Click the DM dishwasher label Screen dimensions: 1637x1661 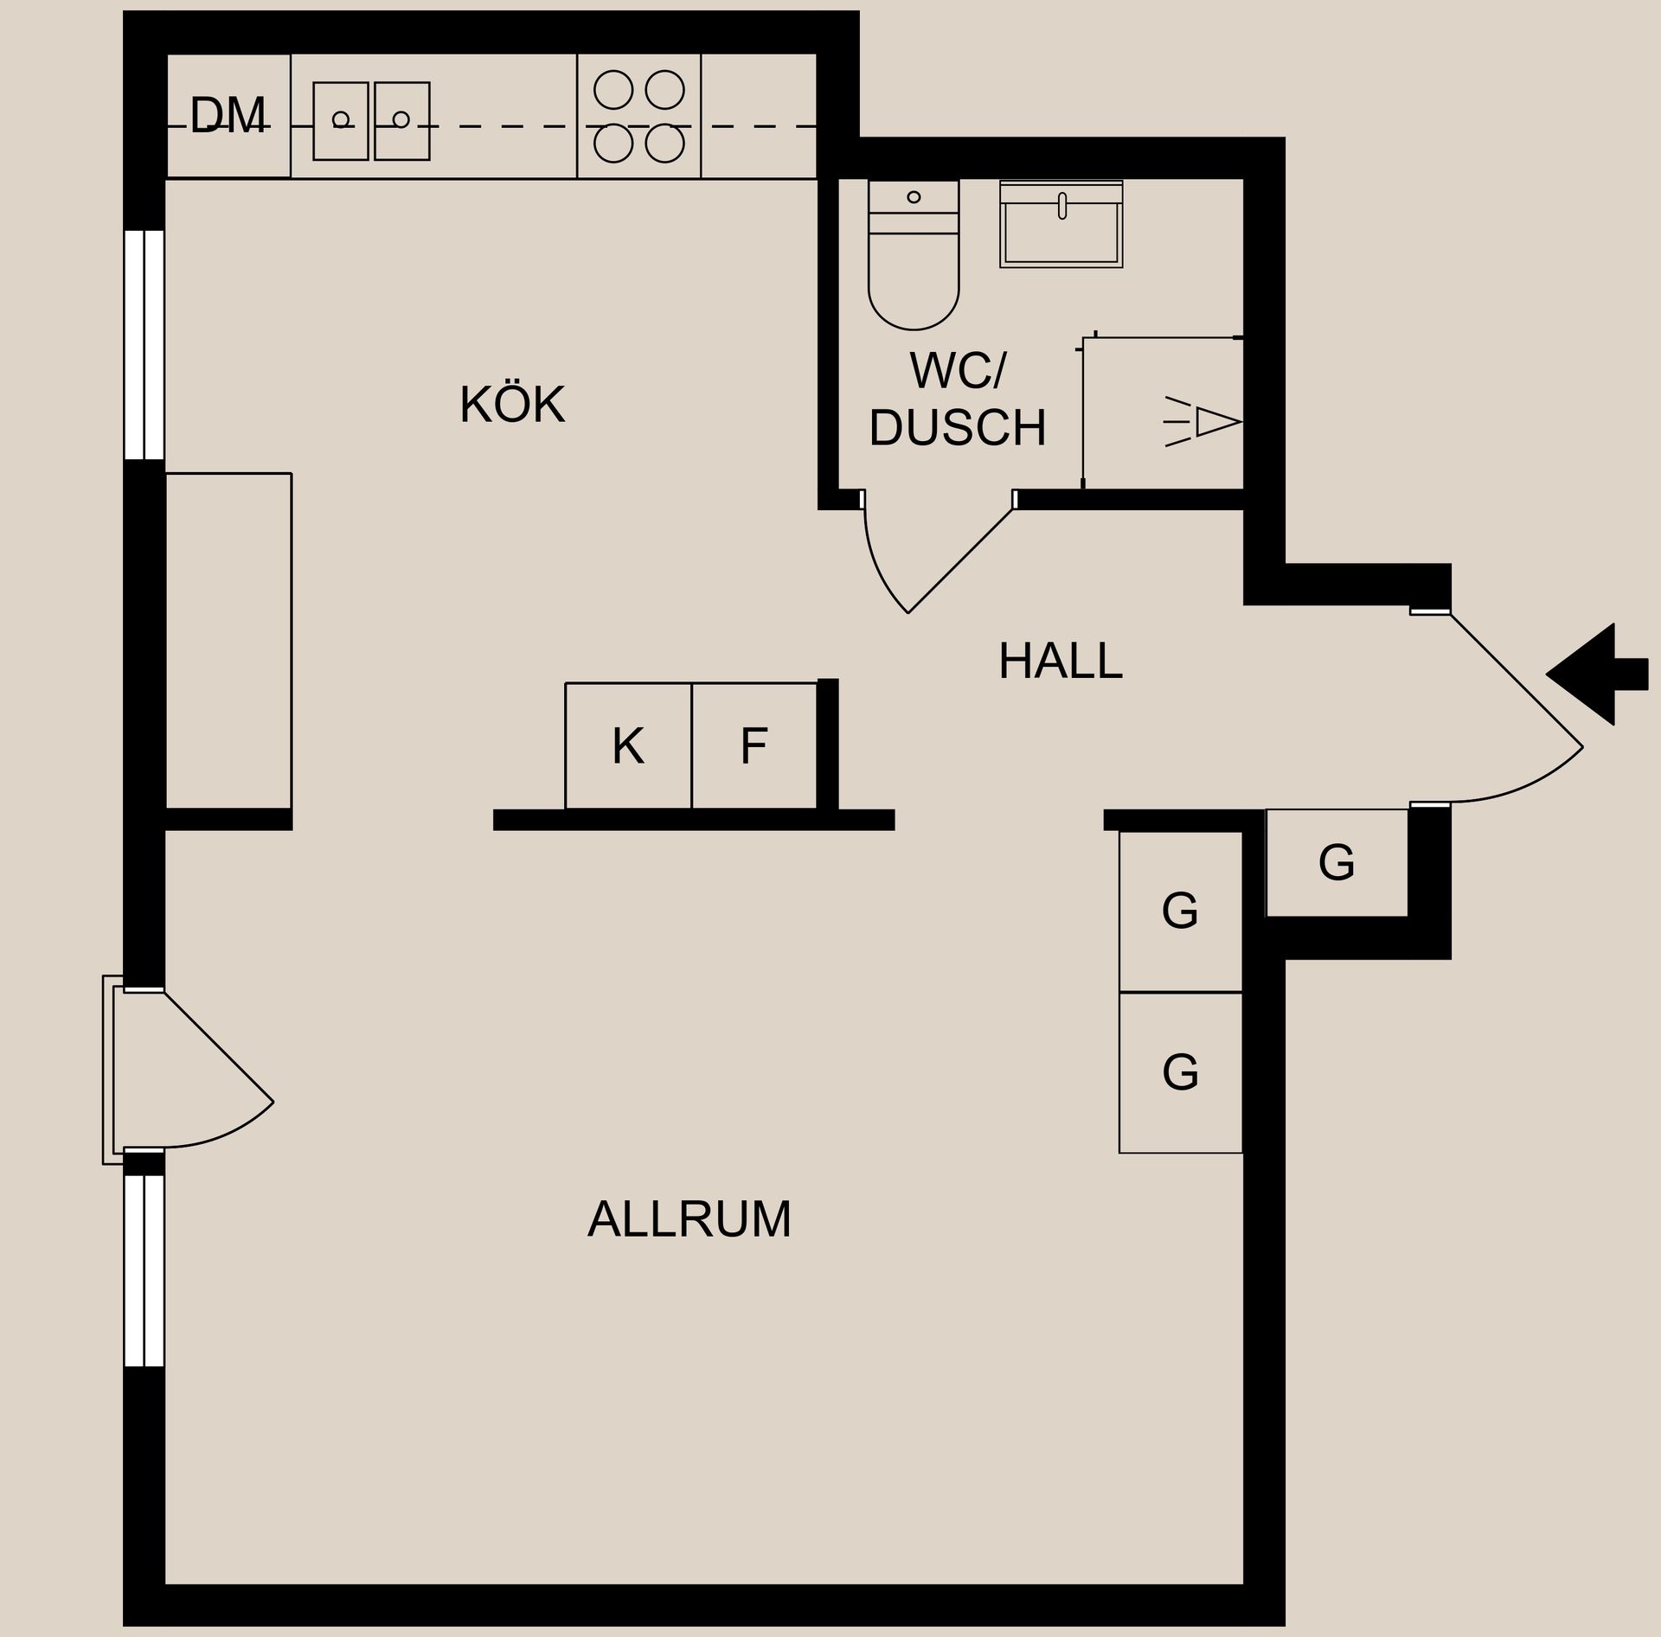coord(228,116)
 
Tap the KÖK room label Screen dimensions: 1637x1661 coord(512,405)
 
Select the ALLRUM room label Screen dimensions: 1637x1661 coord(689,1219)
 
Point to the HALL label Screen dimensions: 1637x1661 coord(1060,662)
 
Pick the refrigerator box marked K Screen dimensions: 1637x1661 coord(628,745)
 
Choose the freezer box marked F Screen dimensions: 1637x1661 coord(754,745)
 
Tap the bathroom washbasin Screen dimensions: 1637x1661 coord(1061,225)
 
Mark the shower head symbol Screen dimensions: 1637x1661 coord(1207,422)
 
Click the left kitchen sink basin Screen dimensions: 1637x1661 coord(341,121)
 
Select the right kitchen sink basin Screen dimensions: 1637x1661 coord(402,121)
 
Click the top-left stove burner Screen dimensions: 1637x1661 coord(613,90)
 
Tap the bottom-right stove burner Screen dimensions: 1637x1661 coord(664,144)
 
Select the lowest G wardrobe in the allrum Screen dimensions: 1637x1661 coord(1180,1072)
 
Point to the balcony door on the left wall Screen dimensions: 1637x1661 coord(199,1069)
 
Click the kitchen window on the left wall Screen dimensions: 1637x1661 coord(144,344)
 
